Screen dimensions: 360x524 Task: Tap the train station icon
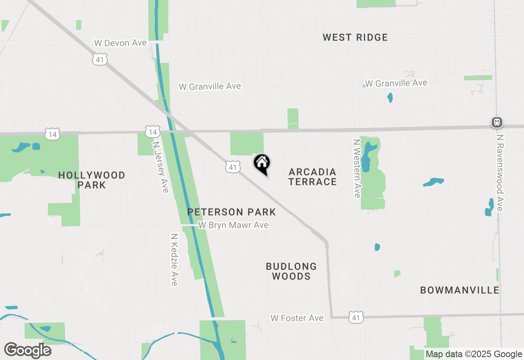click(x=497, y=122)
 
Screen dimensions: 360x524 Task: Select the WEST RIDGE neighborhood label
click(x=355, y=38)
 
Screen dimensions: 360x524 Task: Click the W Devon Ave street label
click(x=120, y=43)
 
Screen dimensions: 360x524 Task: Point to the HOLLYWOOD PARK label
click(x=92, y=180)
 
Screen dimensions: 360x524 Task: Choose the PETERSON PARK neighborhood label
click(x=231, y=212)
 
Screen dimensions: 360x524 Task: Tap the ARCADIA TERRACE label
click(x=312, y=177)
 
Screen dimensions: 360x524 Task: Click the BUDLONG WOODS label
click(x=291, y=271)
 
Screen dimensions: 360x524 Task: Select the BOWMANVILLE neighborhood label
click(x=459, y=290)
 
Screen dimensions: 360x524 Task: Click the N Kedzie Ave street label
click(x=174, y=260)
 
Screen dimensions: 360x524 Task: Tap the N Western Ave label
click(x=357, y=168)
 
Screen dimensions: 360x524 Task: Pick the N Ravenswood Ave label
click(x=499, y=173)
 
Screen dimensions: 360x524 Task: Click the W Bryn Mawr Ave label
click(x=233, y=225)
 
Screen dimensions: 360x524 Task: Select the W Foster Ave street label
click(x=297, y=318)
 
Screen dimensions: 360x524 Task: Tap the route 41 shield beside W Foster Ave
click(x=356, y=317)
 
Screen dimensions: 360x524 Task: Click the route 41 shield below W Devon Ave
click(x=100, y=59)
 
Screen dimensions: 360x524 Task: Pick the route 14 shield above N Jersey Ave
click(x=152, y=132)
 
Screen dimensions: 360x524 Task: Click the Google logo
click(x=27, y=350)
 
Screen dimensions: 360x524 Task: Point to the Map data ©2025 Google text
click(x=474, y=354)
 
